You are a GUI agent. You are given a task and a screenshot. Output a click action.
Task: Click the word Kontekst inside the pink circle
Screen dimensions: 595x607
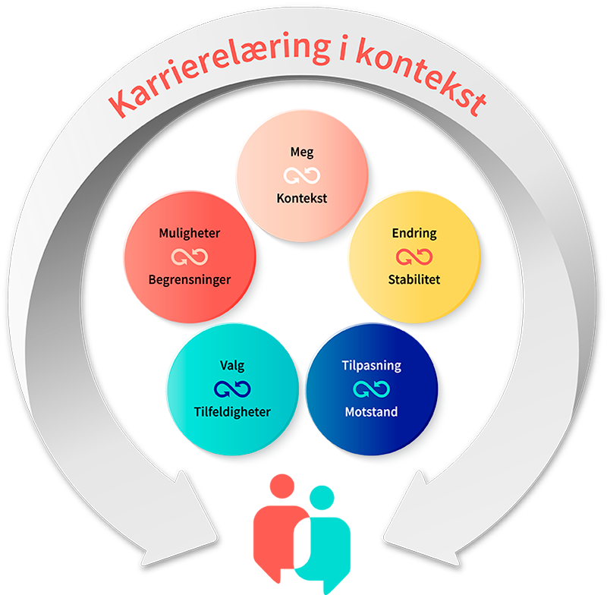(x=301, y=199)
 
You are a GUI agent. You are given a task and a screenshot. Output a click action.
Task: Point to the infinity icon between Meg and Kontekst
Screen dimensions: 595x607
(x=301, y=176)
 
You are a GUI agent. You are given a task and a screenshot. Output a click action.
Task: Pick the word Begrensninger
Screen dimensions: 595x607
(x=190, y=279)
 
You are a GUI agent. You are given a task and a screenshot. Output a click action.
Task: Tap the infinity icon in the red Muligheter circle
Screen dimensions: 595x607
(x=190, y=257)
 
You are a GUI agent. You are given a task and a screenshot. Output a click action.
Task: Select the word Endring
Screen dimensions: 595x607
(x=414, y=233)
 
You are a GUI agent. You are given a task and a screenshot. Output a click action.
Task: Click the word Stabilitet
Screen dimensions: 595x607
(x=414, y=279)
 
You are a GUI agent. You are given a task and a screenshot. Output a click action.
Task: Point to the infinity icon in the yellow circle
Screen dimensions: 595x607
(x=414, y=257)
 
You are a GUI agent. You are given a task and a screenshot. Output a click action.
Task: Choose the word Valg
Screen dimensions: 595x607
(x=231, y=366)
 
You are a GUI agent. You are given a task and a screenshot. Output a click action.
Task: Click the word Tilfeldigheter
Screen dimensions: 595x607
(x=231, y=412)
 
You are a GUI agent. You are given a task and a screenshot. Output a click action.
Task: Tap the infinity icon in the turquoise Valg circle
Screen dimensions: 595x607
(x=231, y=389)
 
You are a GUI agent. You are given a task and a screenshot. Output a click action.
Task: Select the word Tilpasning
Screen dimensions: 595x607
(x=371, y=366)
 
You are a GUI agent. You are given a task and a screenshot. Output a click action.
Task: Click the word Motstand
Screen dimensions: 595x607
(x=371, y=412)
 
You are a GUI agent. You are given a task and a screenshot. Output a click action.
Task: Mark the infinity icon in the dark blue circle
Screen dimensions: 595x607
(x=371, y=389)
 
